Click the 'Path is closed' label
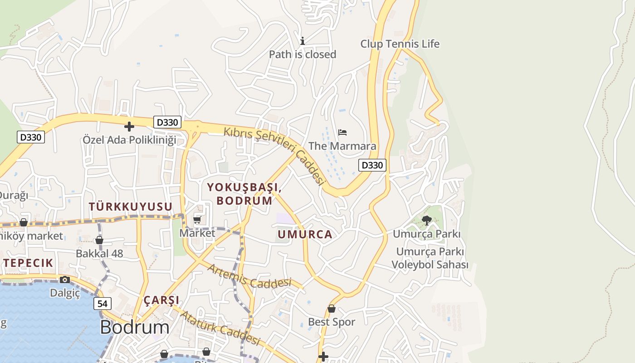tap(303, 54)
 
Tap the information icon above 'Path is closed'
tap(303, 41)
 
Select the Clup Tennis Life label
tap(400, 44)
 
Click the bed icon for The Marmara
tap(342, 132)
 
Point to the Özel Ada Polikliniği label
tap(129, 140)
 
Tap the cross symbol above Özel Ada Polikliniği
tap(129, 127)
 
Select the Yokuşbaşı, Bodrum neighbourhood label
tap(244, 194)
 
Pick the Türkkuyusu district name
tap(131, 207)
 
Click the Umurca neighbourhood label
tap(305, 235)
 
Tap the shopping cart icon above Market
tap(197, 220)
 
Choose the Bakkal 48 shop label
tap(99, 254)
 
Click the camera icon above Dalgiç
tap(65, 280)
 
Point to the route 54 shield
tap(103, 304)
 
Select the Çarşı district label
tap(161, 300)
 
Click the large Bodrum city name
tap(134, 327)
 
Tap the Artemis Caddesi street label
tap(249, 276)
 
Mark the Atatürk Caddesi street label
tap(220, 328)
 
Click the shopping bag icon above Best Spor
tap(332, 309)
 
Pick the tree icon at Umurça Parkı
tap(426, 221)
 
